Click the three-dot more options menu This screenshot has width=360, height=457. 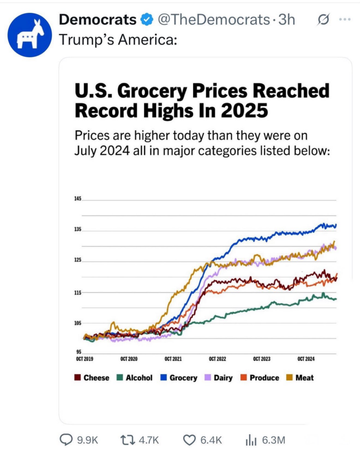click(345, 20)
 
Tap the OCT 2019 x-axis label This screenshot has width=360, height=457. click(84, 359)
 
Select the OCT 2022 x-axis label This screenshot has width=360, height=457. click(218, 359)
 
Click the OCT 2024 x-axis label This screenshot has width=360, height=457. click(306, 359)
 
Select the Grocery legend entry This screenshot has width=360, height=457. click(178, 378)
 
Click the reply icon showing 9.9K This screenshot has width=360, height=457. click(67, 440)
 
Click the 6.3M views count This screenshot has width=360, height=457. click(273, 440)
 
